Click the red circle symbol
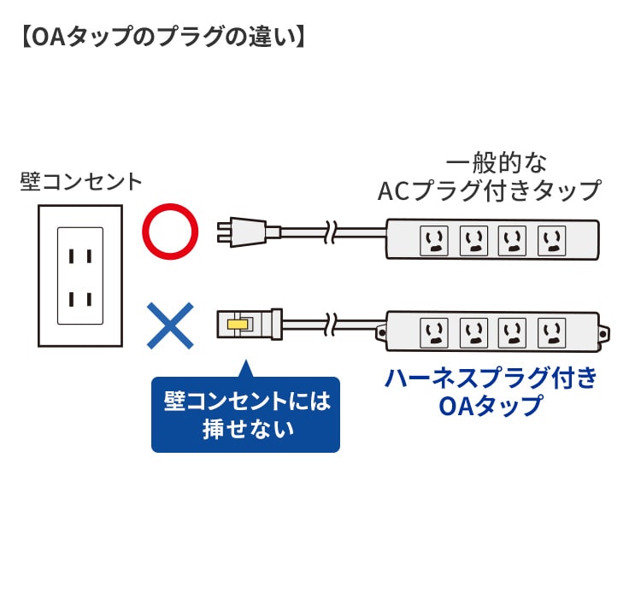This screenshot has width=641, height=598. coord(169,231)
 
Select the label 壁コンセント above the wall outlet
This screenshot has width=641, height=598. coord(82,182)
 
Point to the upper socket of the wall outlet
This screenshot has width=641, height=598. coord(80,255)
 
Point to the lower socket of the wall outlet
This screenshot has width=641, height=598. coord(80,299)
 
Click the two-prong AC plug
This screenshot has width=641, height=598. coord(247,231)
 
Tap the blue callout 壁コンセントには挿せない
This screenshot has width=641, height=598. coord(246,414)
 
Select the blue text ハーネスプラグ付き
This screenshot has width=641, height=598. coord(490,377)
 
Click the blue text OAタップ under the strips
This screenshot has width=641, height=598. coord(490,405)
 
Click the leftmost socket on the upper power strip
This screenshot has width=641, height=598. coord(433,242)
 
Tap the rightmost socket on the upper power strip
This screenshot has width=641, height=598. coord(551,242)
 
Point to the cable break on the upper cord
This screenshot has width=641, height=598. coord(332,231)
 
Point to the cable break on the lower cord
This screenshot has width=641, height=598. coord(332,324)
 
